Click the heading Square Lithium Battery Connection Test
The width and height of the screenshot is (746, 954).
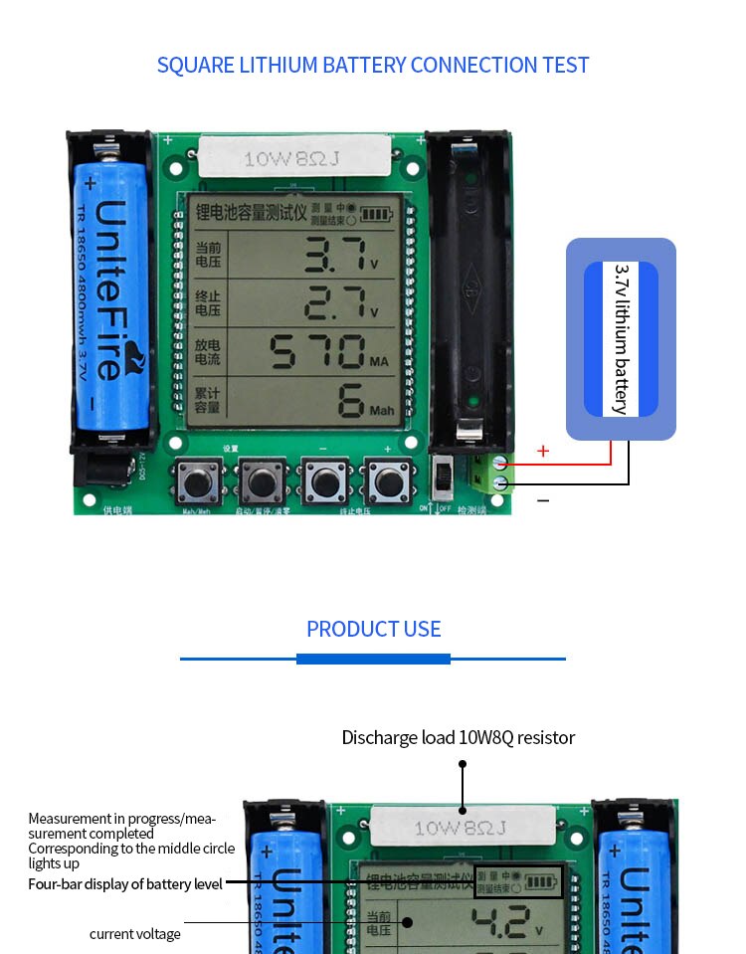tap(373, 66)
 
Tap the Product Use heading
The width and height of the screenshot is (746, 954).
tap(373, 629)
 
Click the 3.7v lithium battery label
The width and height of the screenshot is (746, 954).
tap(621, 339)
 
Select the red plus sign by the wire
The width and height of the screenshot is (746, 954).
tap(543, 452)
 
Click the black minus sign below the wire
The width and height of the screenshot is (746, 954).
tap(543, 500)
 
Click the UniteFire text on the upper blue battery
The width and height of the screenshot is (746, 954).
tap(112, 288)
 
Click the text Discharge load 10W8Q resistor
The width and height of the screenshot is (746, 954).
tap(459, 737)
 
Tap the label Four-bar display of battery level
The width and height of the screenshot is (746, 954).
tap(125, 883)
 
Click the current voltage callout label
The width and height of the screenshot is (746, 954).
tap(135, 934)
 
